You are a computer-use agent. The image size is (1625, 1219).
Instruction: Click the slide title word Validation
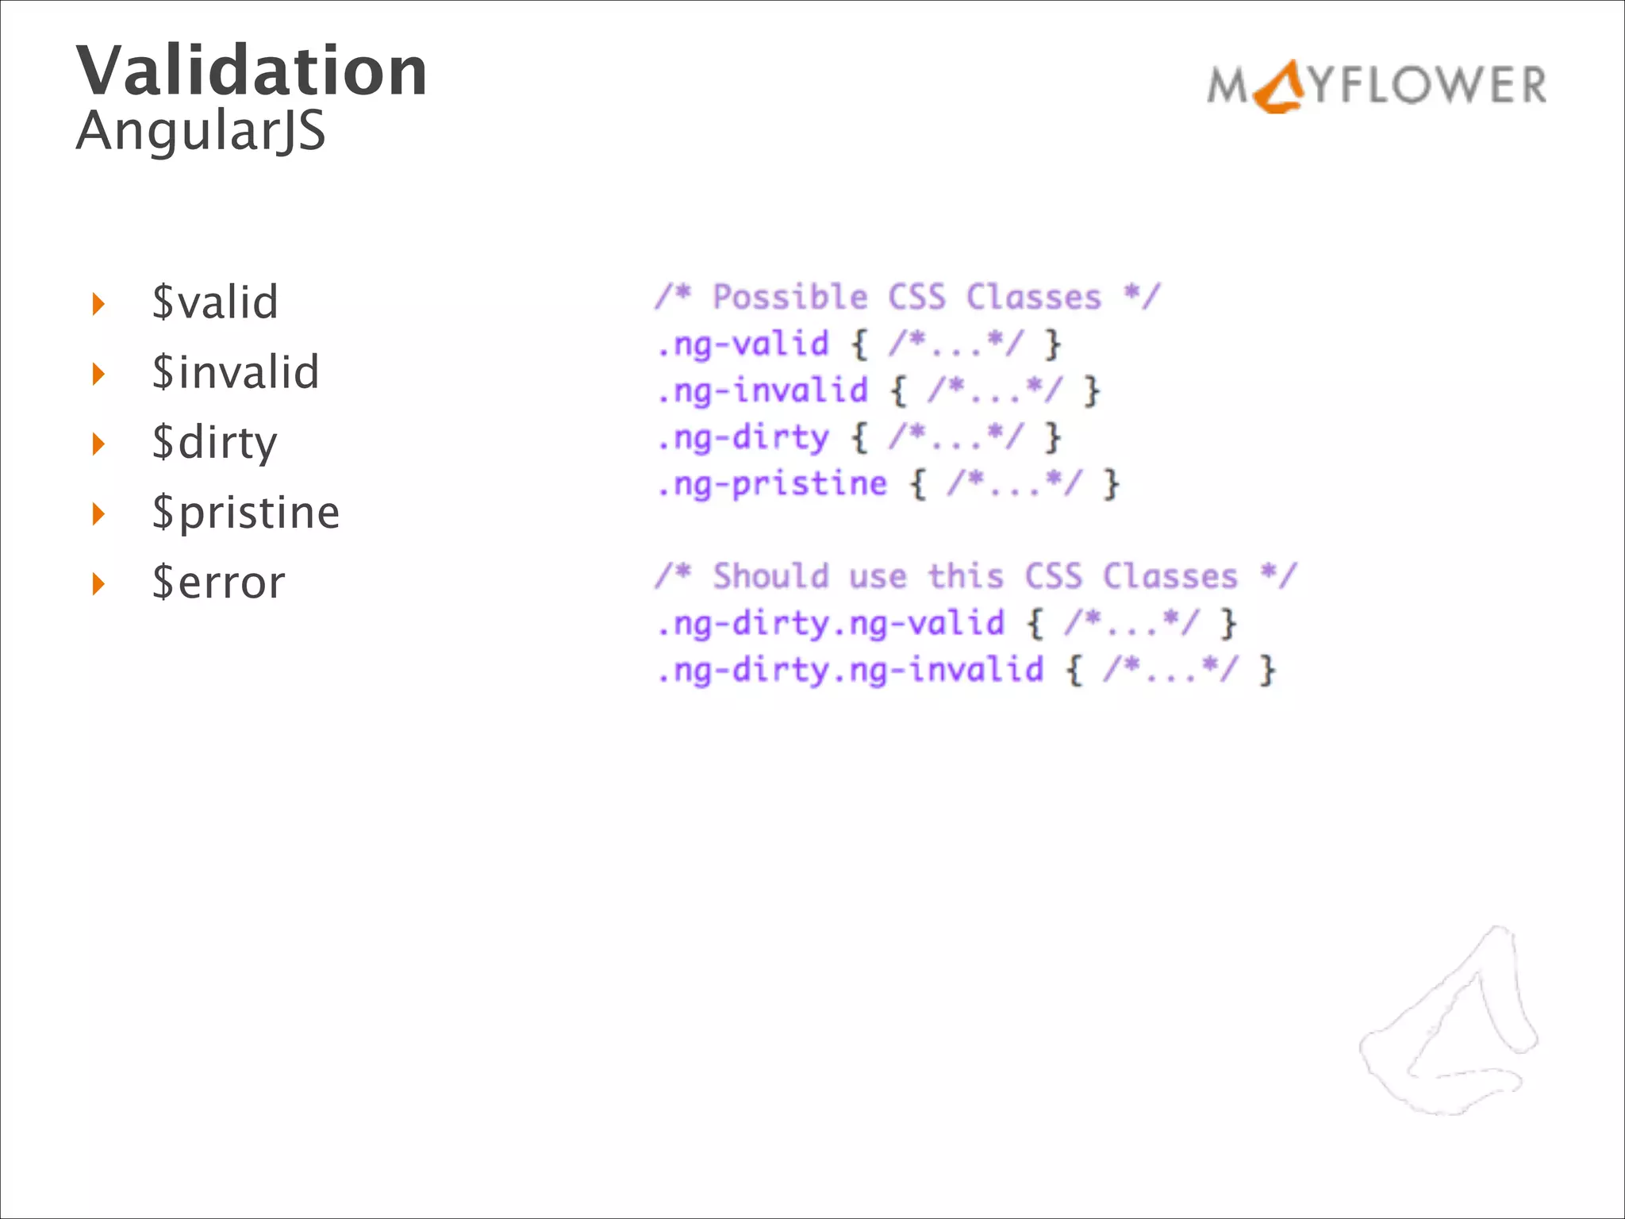coord(252,71)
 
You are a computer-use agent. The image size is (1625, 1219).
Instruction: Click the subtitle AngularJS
coord(201,131)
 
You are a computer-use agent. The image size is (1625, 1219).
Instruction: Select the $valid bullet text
coord(215,302)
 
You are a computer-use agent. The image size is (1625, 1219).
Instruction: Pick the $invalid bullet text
coord(236,372)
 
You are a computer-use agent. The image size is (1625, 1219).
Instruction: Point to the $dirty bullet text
coord(214,443)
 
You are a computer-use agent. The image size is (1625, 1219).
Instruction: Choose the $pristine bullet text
coord(246,513)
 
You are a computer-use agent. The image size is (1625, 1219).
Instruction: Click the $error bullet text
coord(218,583)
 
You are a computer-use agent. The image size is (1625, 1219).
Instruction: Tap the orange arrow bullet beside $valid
coord(98,304)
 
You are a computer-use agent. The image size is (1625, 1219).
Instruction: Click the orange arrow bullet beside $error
coord(98,584)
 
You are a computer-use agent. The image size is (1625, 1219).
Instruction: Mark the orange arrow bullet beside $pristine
coord(98,514)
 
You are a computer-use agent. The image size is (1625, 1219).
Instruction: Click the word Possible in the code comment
coord(789,298)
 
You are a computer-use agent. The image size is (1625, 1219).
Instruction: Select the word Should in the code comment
coord(770,576)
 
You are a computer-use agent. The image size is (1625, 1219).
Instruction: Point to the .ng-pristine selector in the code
coord(772,484)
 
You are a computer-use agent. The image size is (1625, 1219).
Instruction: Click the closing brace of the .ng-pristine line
coord(1112,484)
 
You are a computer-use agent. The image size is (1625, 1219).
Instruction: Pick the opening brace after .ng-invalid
coord(898,391)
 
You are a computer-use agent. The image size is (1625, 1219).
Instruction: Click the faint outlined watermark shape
coord(1449,1024)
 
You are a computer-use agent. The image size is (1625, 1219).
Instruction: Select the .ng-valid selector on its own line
coord(743,344)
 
